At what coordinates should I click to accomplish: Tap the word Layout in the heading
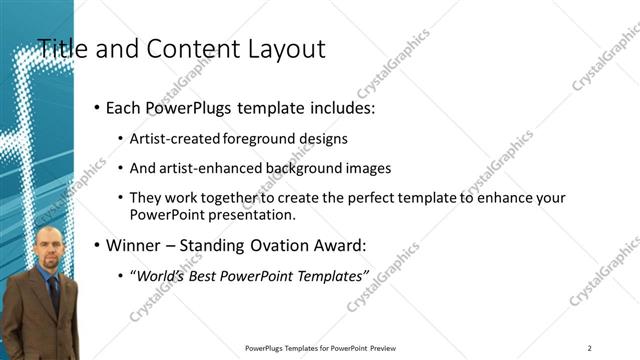coord(286,48)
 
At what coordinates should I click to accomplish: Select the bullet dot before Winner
coord(96,245)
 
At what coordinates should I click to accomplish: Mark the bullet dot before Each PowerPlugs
coord(96,107)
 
